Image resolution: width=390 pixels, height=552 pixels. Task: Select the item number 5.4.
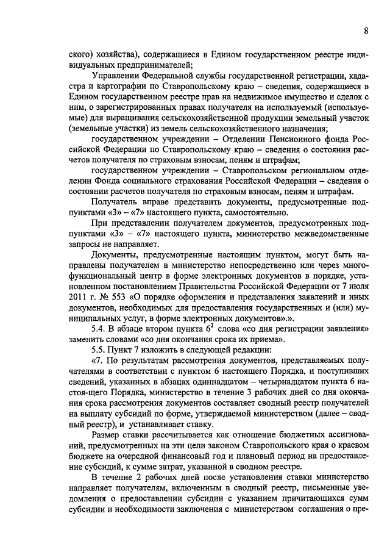pyautogui.click(x=101, y=329)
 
